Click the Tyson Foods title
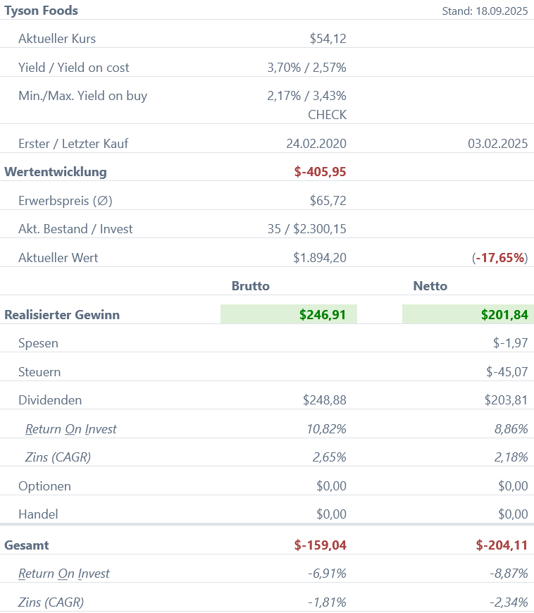tap(42, 11)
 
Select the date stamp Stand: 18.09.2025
tap(485, 11)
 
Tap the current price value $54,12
tap(328, 39)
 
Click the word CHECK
tap(327, 114)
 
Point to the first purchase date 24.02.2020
tap(316, 144)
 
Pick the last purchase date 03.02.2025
tap(497, 144)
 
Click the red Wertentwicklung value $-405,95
tap(320, 172)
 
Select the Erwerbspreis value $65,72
tap(328, 201)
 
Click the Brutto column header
tap(251, 286)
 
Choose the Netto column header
tap(430, 286)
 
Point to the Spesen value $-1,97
tap(510, 344)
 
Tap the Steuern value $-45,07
tap(507, 372)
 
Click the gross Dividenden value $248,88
tap(324, 400)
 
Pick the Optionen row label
tap(44, 486)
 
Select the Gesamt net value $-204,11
tap(502, 545)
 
